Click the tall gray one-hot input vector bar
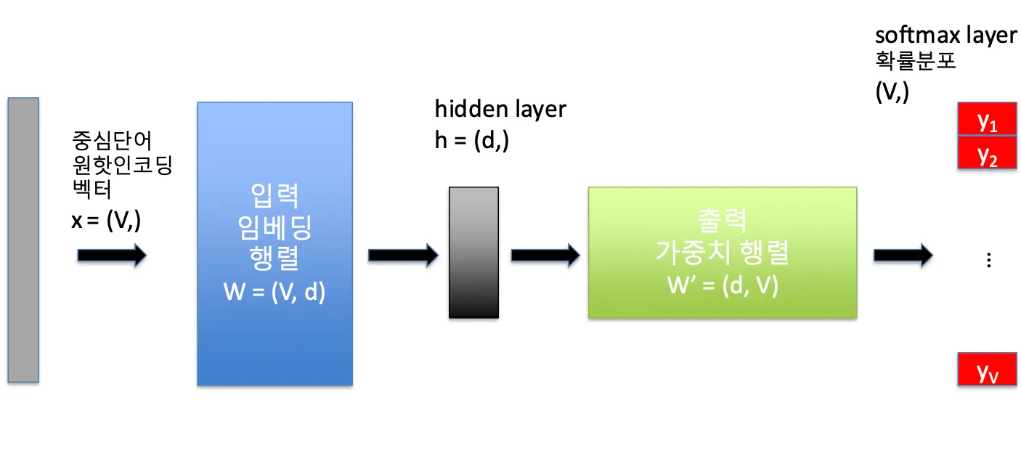pos(23,240)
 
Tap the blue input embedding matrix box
pos(274,243)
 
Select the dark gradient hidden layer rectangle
pos(473,253)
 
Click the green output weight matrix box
pos(722,253)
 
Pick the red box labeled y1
pos(987,121)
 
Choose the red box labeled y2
pos(987,153)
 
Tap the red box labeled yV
pos(987,370)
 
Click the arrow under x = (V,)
pos(112,255)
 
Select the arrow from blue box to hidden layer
pos(403,255)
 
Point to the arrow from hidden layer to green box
pos(545,255)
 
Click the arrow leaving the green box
pos(903,255)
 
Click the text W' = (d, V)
pos(723,285)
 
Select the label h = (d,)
pos(472,140)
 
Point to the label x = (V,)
pos(106,221)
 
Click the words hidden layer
pos(500,110)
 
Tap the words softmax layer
pos(945,36)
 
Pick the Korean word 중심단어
pos(112,139)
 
